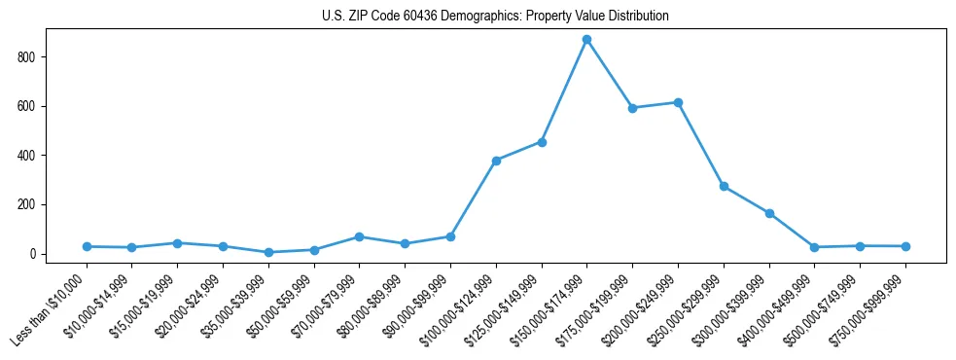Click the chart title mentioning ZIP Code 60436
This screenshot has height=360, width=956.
click(x=495, y=17)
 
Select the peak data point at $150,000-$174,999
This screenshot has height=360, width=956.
click(x=586, y=40)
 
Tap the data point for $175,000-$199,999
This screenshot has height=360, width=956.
click(x=632, y=108)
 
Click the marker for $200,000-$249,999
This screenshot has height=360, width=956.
click(x=678, y=102)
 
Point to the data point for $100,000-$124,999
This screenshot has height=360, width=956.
click(x=496, y=161)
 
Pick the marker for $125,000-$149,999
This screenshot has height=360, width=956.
click(x=542, y=142)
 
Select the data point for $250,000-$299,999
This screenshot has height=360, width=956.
click(x=724, y=186)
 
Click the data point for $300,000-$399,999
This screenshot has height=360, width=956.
click(x=769, y=213)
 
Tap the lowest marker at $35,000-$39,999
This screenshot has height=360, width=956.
click(x=268, y=252)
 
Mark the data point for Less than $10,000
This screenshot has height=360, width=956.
click(x=87, y=246)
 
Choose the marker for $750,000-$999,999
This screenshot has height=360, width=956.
click(x=905, y=246)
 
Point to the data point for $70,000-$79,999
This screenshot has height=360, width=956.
click(x=360, y=237)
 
